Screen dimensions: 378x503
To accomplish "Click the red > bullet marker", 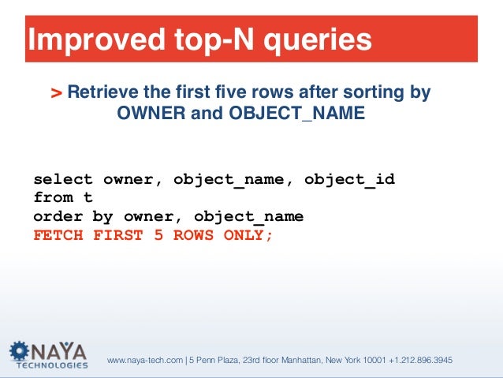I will click(57, 94).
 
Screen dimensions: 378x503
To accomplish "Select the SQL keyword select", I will click(63, 179).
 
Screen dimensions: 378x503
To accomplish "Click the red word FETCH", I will click(58, 234).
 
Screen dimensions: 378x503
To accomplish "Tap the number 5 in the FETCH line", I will click(156, 234).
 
